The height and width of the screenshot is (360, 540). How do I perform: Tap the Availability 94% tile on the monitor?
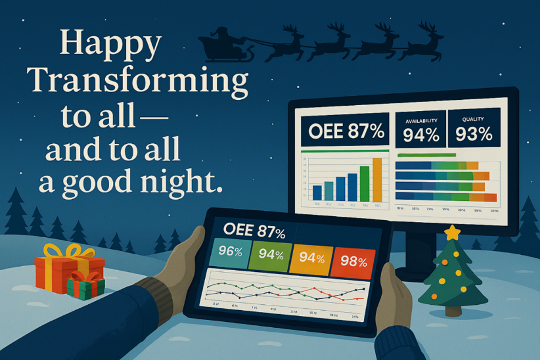click(x=421, y=130)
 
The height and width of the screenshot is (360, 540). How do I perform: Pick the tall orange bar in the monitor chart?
click(x=377, y=179)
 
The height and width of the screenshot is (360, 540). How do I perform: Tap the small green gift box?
click(x=84, y=287)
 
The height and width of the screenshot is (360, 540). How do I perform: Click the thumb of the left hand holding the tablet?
click(x=193, y=247)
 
